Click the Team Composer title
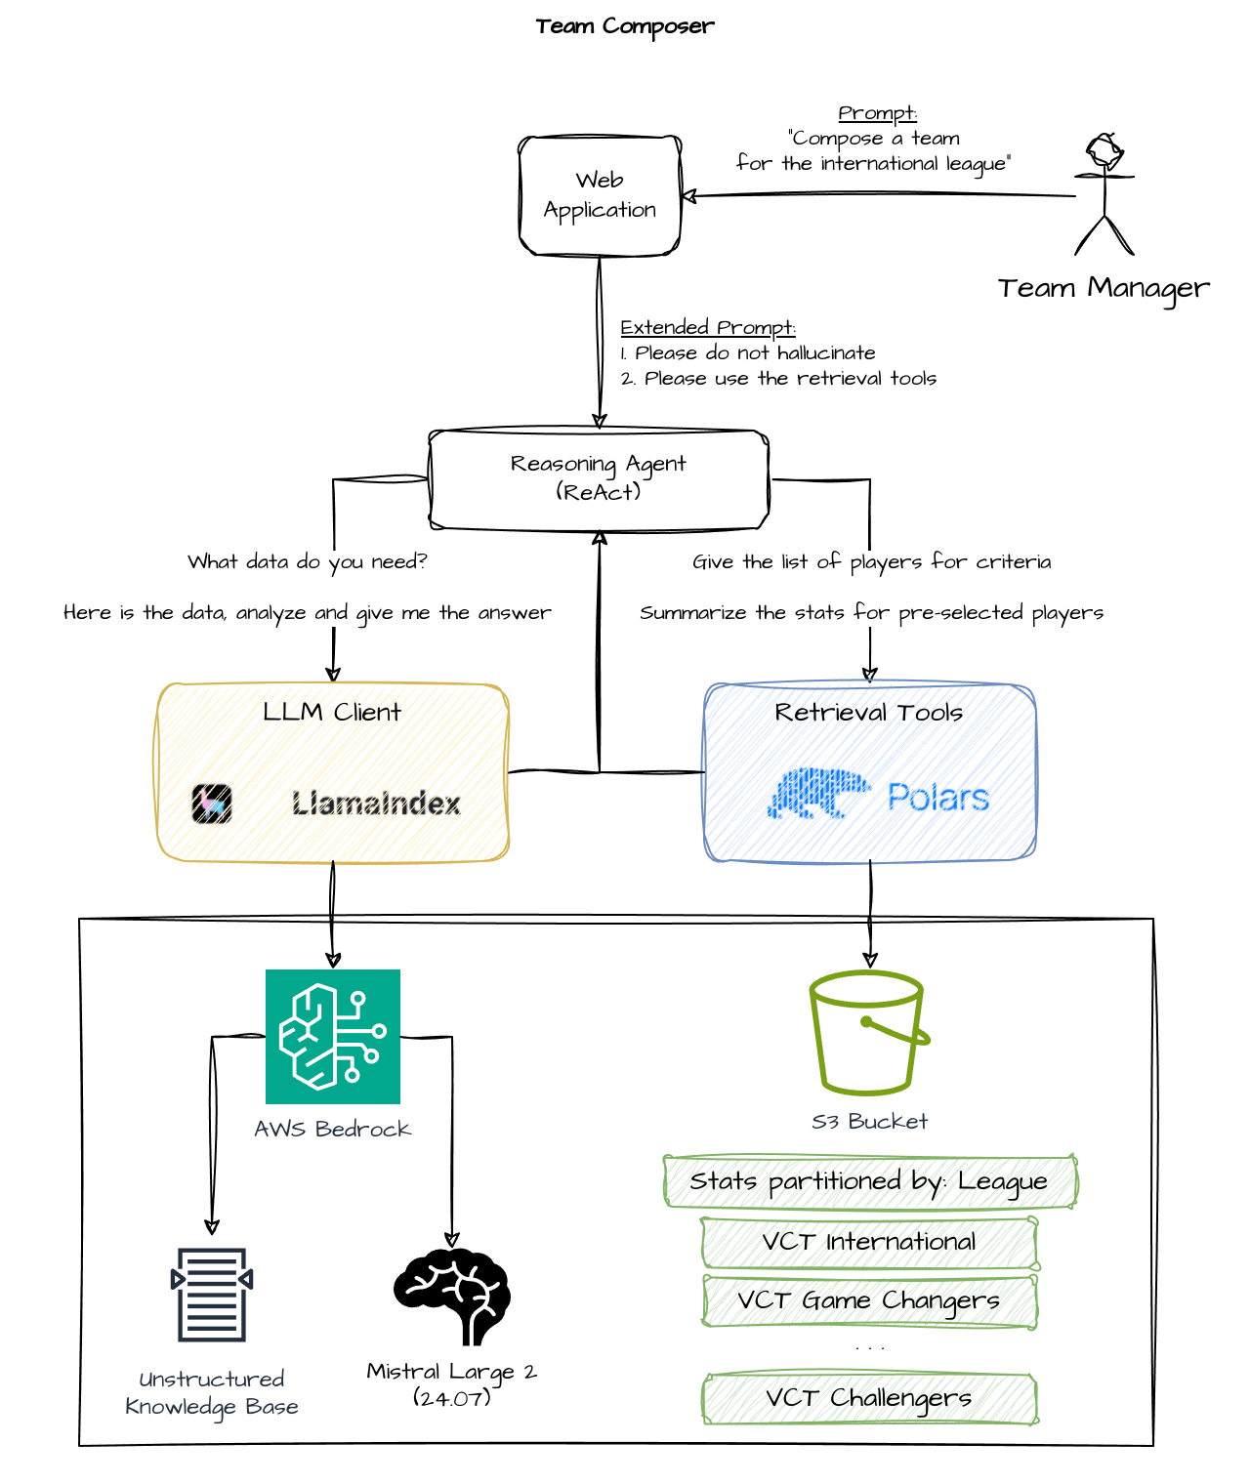625,26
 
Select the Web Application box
600,196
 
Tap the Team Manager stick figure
1104,194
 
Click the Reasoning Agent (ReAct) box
599,479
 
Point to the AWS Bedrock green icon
333,1037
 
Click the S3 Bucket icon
869,1033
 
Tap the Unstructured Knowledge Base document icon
212,1295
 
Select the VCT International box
869,1243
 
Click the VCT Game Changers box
869,1301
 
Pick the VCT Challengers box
869,1399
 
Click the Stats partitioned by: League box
869,1182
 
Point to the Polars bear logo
818,793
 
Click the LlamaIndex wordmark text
376,804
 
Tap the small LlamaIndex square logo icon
212,804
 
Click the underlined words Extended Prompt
708,328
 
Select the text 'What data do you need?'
308,562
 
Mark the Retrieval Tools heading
869,713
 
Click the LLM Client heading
332,713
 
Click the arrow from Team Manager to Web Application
879,195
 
